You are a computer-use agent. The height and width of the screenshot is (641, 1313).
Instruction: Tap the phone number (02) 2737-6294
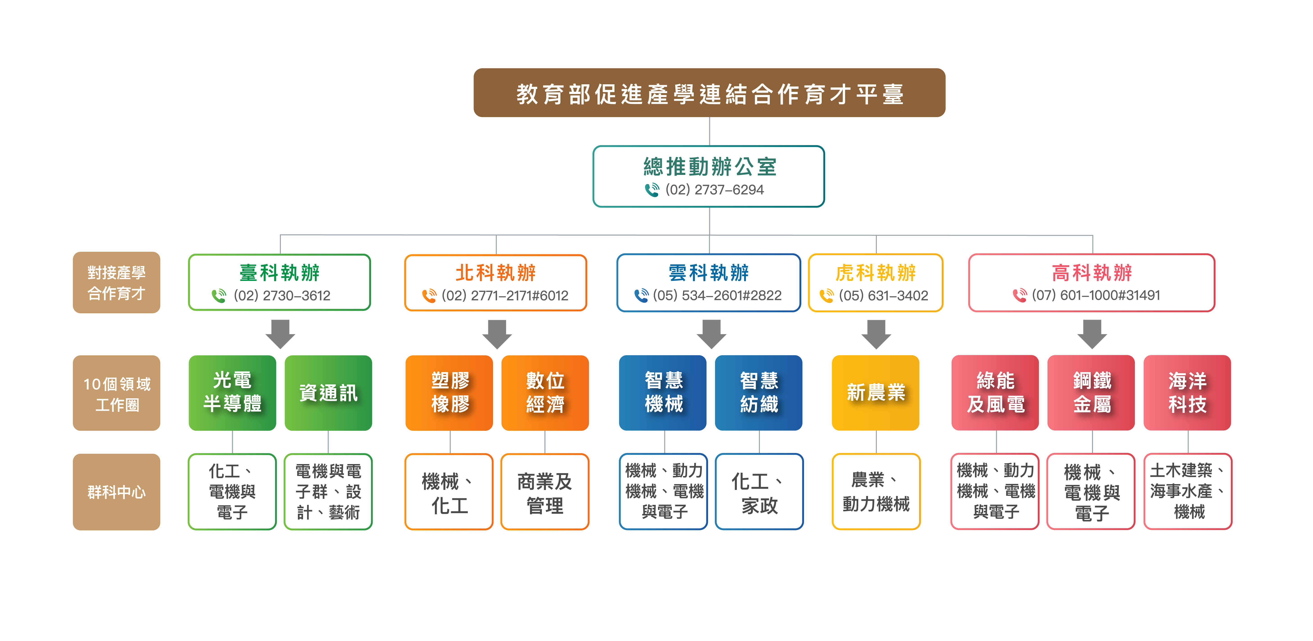(715, 190)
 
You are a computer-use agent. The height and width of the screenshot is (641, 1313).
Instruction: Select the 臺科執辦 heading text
(279, 273)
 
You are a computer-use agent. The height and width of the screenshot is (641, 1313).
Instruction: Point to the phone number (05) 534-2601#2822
(717, 295)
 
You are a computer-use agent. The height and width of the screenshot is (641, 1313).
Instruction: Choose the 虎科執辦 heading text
(876, 273)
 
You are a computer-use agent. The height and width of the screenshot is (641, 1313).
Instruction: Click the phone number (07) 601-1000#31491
(1096, 295)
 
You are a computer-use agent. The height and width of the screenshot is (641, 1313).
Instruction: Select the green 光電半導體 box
(232, 393)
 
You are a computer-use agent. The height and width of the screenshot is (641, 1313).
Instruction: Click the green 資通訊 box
(328, 393)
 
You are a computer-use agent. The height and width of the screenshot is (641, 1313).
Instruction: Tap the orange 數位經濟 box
(545, 393)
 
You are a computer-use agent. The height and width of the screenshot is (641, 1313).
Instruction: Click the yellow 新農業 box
(876, 393)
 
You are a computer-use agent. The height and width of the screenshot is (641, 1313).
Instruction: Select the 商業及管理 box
(545, 492)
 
